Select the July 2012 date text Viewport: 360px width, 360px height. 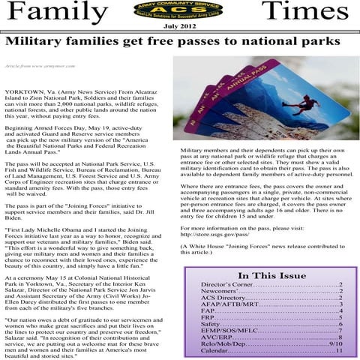point(180,27)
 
